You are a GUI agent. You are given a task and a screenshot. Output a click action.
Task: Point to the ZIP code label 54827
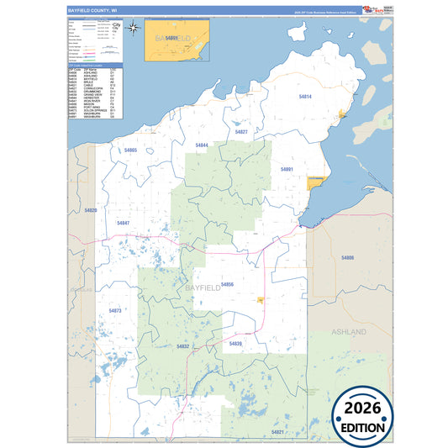tap(241, 132)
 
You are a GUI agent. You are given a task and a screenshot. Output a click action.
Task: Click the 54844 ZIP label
tap(202, 145)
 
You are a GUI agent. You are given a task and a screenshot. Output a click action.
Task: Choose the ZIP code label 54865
tap(130, 150)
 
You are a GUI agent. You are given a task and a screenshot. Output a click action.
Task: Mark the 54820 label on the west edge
tap(91, 209)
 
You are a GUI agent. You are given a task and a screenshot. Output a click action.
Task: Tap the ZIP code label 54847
tap(124, 223)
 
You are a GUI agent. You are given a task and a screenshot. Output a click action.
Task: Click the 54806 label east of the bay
tap(347, 257)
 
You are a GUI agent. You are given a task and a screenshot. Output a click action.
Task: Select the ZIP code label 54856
tap(227, 285)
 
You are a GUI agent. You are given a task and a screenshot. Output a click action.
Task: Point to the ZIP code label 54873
tap(115, 310)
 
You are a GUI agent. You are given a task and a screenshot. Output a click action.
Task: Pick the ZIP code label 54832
tap(183, 346)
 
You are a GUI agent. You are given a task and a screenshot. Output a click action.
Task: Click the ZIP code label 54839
tap(235, 343)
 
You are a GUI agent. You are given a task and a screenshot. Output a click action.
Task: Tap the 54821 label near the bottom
tap(277, 431)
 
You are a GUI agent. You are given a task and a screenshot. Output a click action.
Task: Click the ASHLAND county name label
tap(349, 332)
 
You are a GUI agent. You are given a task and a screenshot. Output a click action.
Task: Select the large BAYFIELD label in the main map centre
tap(202, 289)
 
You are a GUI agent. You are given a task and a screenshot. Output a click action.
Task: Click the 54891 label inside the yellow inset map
tap(171, 39)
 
